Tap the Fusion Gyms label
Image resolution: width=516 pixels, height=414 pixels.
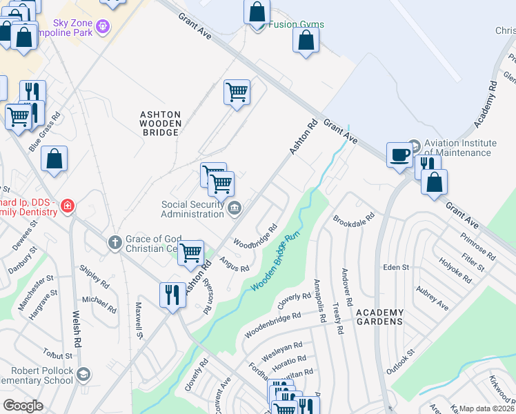pos(297,25)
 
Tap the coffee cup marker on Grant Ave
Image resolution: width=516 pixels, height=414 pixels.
pos(399,155)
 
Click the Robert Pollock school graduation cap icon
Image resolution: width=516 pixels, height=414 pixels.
pos(83,375)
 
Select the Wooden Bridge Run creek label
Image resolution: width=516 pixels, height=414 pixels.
pos(276,262)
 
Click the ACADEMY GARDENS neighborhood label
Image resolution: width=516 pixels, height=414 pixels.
pos(379,317)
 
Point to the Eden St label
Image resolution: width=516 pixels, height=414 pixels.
pos(396,267)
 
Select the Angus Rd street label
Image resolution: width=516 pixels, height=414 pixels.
pos(234,264)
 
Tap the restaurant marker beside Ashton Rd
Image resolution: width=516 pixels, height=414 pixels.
pos(172,295)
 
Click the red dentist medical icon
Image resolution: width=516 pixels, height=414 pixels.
pos(67,206)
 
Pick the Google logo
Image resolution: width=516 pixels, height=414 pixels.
pos(23,405)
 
